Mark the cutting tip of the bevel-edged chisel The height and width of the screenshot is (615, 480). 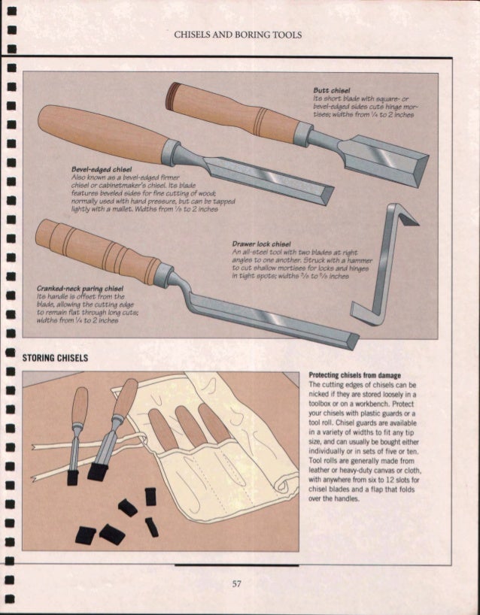pos(324,195)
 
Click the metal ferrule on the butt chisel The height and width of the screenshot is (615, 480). pos(302,134)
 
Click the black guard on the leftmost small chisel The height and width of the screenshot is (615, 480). pos(73,477)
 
